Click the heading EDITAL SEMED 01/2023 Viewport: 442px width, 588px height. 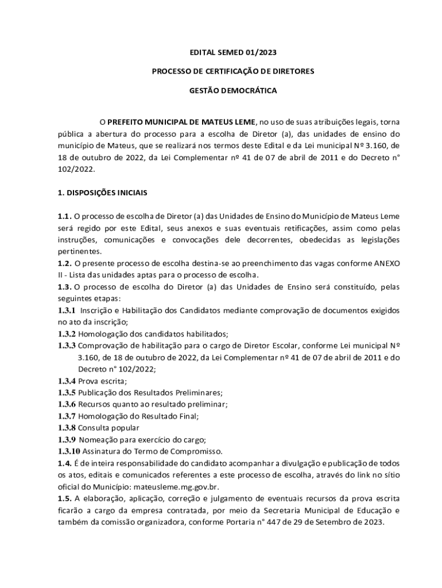point(233,52)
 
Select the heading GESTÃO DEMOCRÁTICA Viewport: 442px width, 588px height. point(233,91)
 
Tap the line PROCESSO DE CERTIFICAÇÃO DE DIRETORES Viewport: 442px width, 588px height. point(233,72)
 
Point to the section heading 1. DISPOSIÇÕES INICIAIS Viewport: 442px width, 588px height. point(102,193)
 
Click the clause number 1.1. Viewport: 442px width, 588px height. point(64,216)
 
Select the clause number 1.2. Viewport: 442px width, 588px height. point(64,262)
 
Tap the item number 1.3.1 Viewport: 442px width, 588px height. point(67,310)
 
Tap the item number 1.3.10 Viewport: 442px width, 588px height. point(69,451)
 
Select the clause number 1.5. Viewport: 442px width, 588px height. point(64,498)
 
